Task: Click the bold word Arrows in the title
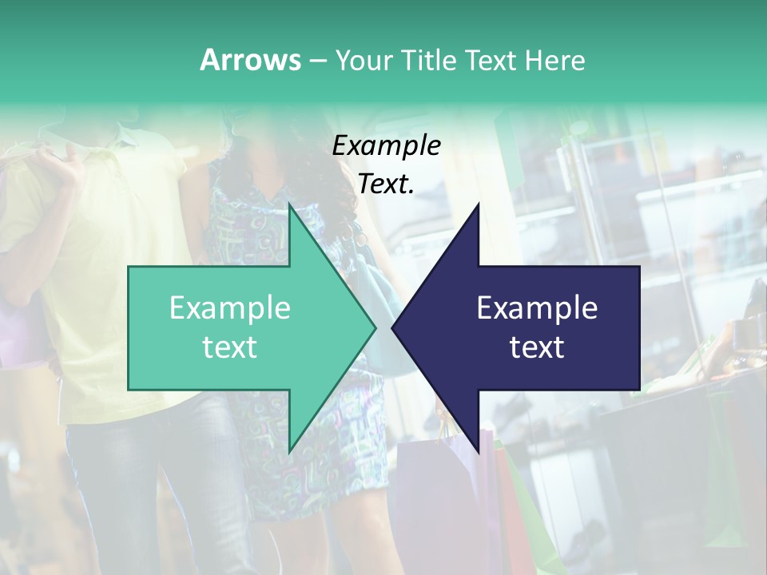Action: (250, 60)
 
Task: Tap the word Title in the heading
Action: (427, 61)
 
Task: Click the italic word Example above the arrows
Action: (386, 146)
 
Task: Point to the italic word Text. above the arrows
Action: (386, 184)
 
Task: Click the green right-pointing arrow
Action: (240, 327)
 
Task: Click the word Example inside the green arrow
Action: (230, 308)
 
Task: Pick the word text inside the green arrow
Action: (230, 347)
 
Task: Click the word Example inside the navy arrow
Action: (537, 308)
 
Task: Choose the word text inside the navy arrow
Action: (537, 347)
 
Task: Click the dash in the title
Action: (317, 61)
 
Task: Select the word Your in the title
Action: (362, 61)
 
